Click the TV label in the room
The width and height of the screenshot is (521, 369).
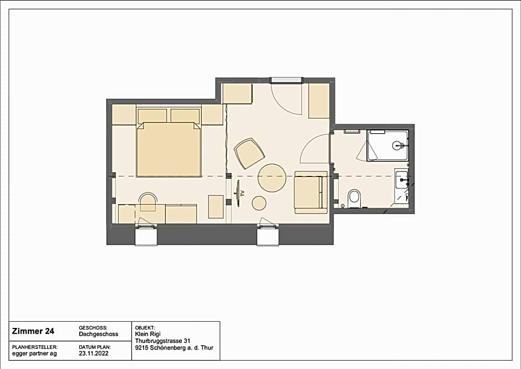pos(243,193)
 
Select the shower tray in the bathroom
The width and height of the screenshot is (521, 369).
pos(388,145)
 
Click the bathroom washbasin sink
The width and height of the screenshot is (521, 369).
pos(402,180)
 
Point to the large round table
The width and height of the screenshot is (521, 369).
pos(272,178)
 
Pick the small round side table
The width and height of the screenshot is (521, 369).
pos(259,203)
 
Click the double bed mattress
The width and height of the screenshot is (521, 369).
pos(169,149)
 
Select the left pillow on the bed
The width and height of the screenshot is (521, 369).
pos(152,115)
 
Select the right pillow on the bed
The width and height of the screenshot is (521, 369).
pos(185,115)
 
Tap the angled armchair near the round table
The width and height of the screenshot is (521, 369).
pos(249,153)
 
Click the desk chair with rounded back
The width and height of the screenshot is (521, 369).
pos(148,201)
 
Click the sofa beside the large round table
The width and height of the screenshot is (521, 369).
pos(311,193)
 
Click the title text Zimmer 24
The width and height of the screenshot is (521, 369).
pos(33,331)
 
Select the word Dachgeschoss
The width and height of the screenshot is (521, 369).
pos(98,334)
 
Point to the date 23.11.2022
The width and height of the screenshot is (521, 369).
pos(94,353)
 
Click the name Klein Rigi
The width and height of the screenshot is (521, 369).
pos(148,334)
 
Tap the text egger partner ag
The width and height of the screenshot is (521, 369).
pos(34,353)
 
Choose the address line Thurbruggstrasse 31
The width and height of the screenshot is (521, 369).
pos(162,341)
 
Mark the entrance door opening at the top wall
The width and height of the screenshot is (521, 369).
pos(287,80)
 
